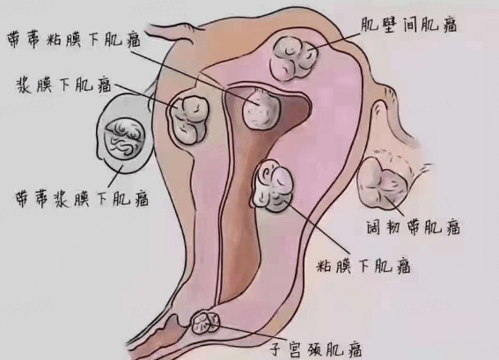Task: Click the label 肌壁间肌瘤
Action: pyautogui.click(x=408, y=25)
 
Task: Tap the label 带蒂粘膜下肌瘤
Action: pyautogui.click(x=74, y=40)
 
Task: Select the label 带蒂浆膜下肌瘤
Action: pyautogui.click(x=82, y=199)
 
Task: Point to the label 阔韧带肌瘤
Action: pyautogui.click(x=413, y=227)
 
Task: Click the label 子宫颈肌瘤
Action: pyautogui.click(x=316, y=349)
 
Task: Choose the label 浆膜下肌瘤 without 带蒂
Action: pyautogui.click(x=63, y=85)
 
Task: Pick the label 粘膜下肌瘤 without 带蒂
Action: pyautogui.click(x=363, y=266)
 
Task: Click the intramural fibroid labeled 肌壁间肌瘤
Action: pyautogui.click(x=294, y=58)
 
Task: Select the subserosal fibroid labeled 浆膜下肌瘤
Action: pyautogui.click(x=187, y=120)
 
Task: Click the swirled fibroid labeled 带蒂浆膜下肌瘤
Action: pyautogui.click(x=125, y=137)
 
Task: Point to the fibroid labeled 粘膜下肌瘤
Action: pyautogui.click(x=273, y=187)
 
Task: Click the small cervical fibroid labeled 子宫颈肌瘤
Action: pyautogui.click(x=206, y=323)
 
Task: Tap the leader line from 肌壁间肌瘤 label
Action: pyautogui.click(x=334, y=41)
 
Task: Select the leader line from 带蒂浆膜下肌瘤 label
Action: pyautogui.click(x=115, y=176)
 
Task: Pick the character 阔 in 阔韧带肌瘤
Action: pyautogui.click(x=374, y=227)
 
